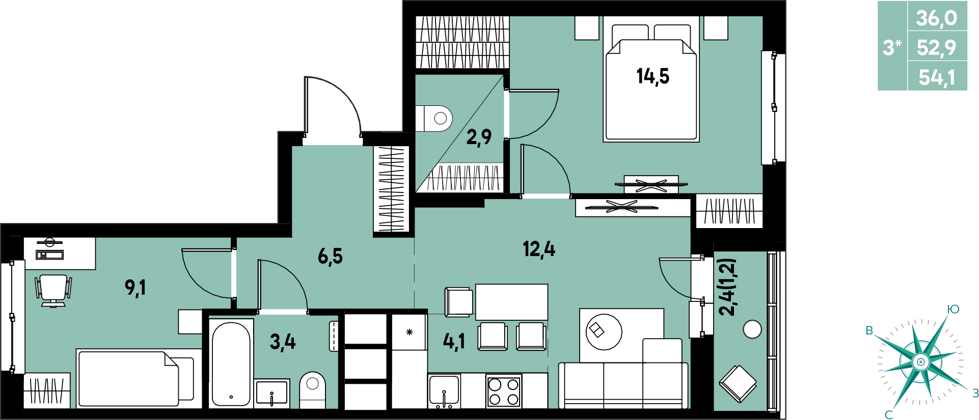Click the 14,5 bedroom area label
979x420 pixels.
pos(652,77)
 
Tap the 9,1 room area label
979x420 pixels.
pos(135,288)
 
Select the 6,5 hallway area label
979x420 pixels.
pos(330,256)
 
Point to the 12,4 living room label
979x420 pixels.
pos(539,249)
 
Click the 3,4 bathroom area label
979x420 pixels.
pos(283,342)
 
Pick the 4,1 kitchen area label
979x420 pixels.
pos(454,342)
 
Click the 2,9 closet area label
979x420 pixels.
pos(479,136)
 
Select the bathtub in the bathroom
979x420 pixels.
pos(231,362)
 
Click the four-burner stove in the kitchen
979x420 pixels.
pos(503,390)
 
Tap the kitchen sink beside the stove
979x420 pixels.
pos(444,391)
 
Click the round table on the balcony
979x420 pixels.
pos(752,329)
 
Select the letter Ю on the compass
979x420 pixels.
pos(953,309)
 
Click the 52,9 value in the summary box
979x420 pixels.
pos(937,47)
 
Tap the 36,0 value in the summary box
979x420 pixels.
pos(937,18)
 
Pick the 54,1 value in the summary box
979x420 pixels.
pos(937,77)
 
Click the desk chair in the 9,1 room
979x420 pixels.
pos(53,290)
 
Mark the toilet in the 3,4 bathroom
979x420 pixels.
pos(312,390)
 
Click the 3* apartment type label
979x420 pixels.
pos(892,47)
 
